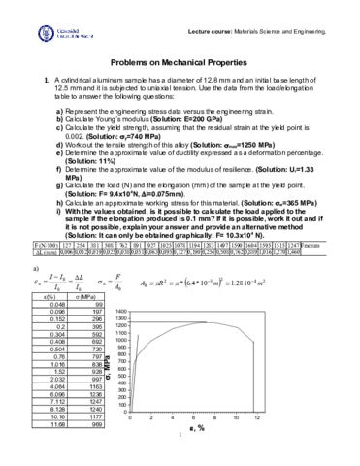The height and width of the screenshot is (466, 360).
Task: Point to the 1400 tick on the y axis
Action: coord(121,283)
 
